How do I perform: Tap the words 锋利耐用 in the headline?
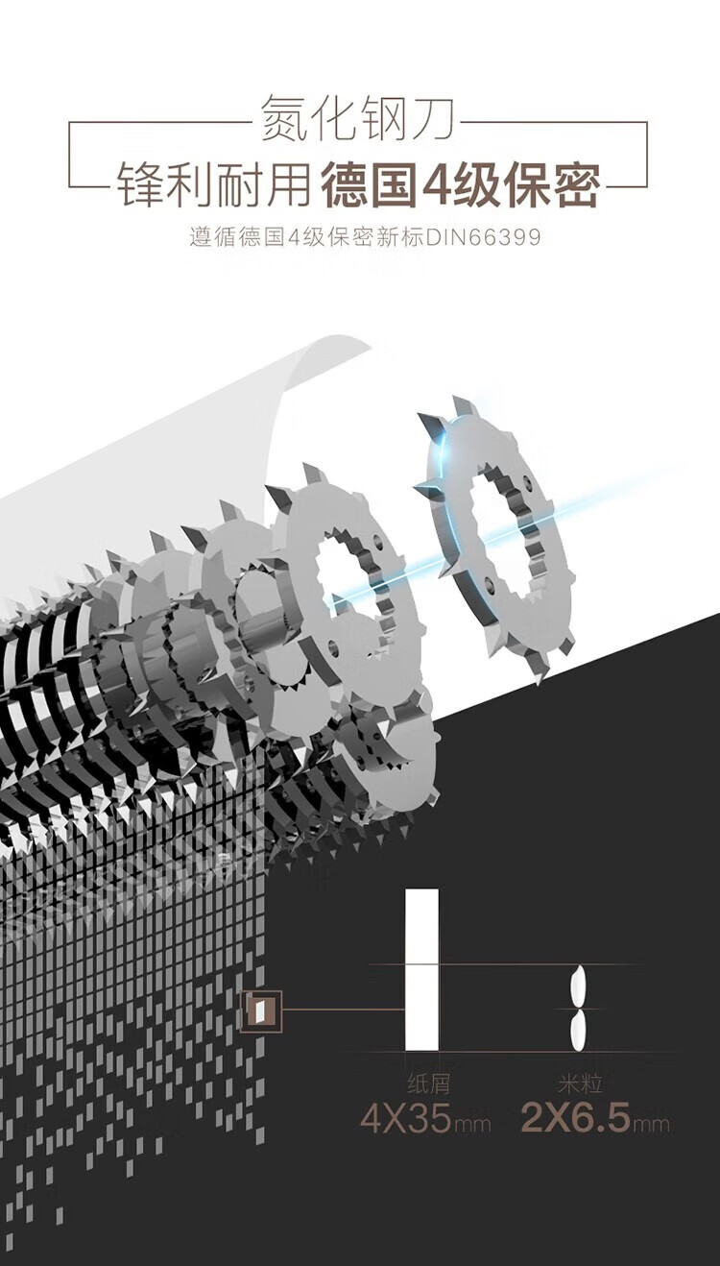tap(214, 184)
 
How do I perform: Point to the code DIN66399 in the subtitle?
tap(483, 237)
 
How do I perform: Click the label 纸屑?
tap(428, 1083)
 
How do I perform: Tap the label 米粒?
tap(580, 1083)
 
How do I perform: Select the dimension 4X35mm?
tap(425, 1117)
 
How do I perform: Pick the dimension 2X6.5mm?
tap(595, 1117)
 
